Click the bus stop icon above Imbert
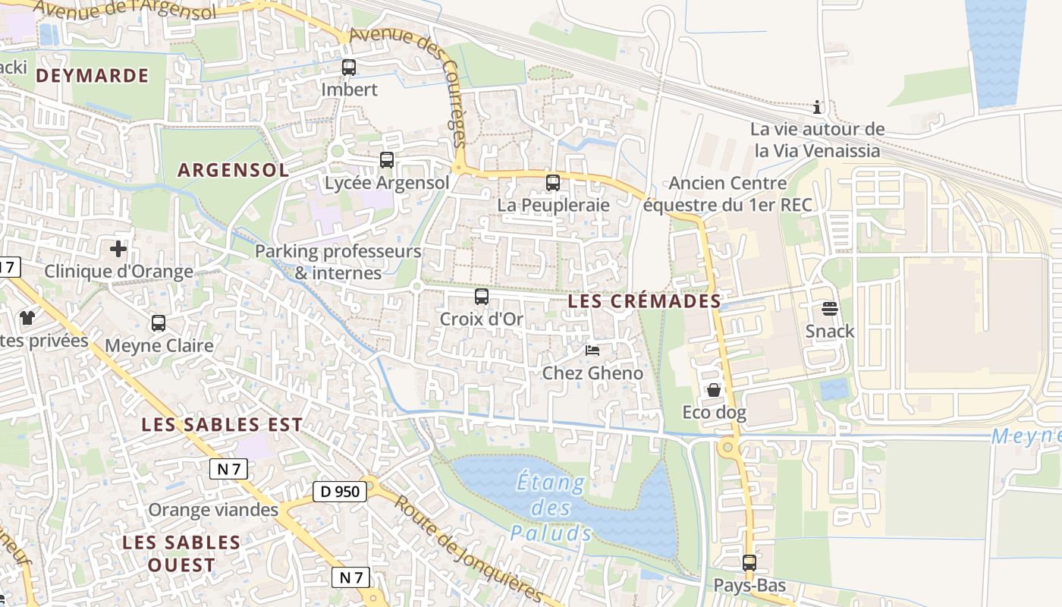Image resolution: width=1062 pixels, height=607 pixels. click(349, 68)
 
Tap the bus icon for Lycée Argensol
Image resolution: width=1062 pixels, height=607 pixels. click(387, 160)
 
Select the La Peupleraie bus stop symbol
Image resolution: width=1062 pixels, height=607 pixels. click(553, 183)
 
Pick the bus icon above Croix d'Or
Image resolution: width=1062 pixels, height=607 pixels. click(482, 297)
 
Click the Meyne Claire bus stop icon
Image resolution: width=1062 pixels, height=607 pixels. click(159, 323)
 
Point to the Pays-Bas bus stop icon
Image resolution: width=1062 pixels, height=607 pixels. click(749, 563)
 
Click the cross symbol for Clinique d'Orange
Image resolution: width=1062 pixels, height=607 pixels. click(118, 249)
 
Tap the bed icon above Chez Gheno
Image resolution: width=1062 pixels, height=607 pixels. click(592, 351)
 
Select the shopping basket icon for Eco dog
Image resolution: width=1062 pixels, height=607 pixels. click(714, 390)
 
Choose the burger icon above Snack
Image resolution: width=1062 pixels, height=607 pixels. click(829, 309)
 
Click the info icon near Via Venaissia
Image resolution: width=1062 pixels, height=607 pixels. click(817, 107)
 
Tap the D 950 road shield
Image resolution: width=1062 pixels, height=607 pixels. click(340, 492)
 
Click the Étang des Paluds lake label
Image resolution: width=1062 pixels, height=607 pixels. click(551, 507)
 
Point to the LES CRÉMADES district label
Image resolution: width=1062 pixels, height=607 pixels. click(645, 301)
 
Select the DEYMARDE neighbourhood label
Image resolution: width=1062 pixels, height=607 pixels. click(92, 76)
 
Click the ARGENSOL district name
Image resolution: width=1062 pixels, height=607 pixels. click(234, 170)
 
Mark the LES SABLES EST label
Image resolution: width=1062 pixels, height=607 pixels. click(222, 425)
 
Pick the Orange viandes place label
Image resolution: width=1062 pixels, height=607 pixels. click(213, 510)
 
